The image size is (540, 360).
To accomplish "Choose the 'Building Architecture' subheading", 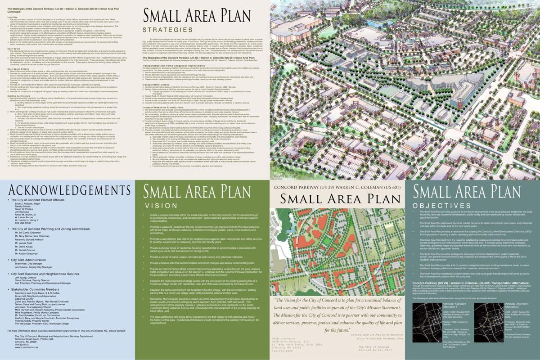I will tap(20, 96).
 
